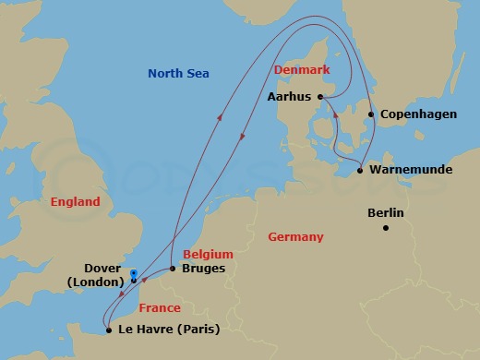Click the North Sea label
[x=179, y=73]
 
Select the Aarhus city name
[x=288, y=96]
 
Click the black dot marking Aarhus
[x=319, y=96]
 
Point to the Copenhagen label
[x=413, y=114]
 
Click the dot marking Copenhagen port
[x=372, y=115]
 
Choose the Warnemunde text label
[x=408, y=171]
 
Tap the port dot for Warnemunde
[x=360, y=171]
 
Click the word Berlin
[x=386, y=212]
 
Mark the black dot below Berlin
[x=386, y=228]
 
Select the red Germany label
[x=295, y=237]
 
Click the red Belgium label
[x=208, y=254]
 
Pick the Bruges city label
[x=204, y=269]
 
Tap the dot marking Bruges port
[x=173, y=269]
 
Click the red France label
[x=160, y=308]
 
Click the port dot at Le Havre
[x=108, y=330]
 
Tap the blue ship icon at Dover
[x=135, y=274]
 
